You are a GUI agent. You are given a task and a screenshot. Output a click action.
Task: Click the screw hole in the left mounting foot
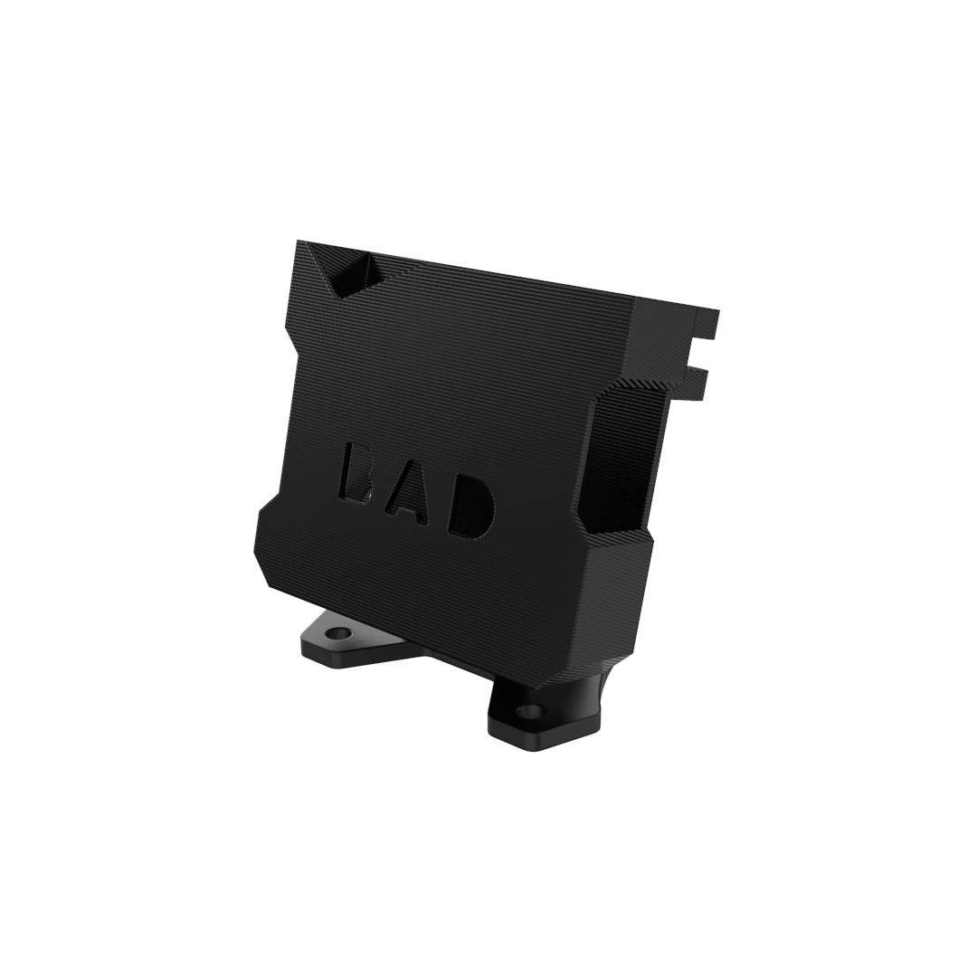(x=337, y=633)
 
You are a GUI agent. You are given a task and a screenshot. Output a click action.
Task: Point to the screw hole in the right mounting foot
(x=530, y=710)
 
